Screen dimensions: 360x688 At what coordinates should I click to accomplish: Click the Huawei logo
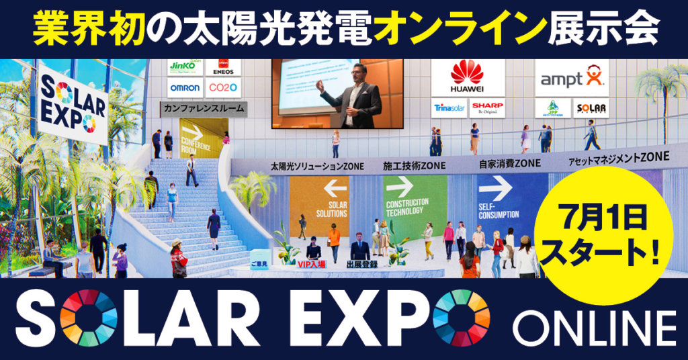[x=467, y=77]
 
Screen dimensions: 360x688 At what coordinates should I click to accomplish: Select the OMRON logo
[x=185, y=88]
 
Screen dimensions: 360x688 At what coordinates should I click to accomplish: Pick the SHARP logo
[x=487, y=107]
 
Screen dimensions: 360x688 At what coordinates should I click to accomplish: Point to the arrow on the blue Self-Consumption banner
[x=495, y=184]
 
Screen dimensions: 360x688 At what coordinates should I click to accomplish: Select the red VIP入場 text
[x=311, y=265]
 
